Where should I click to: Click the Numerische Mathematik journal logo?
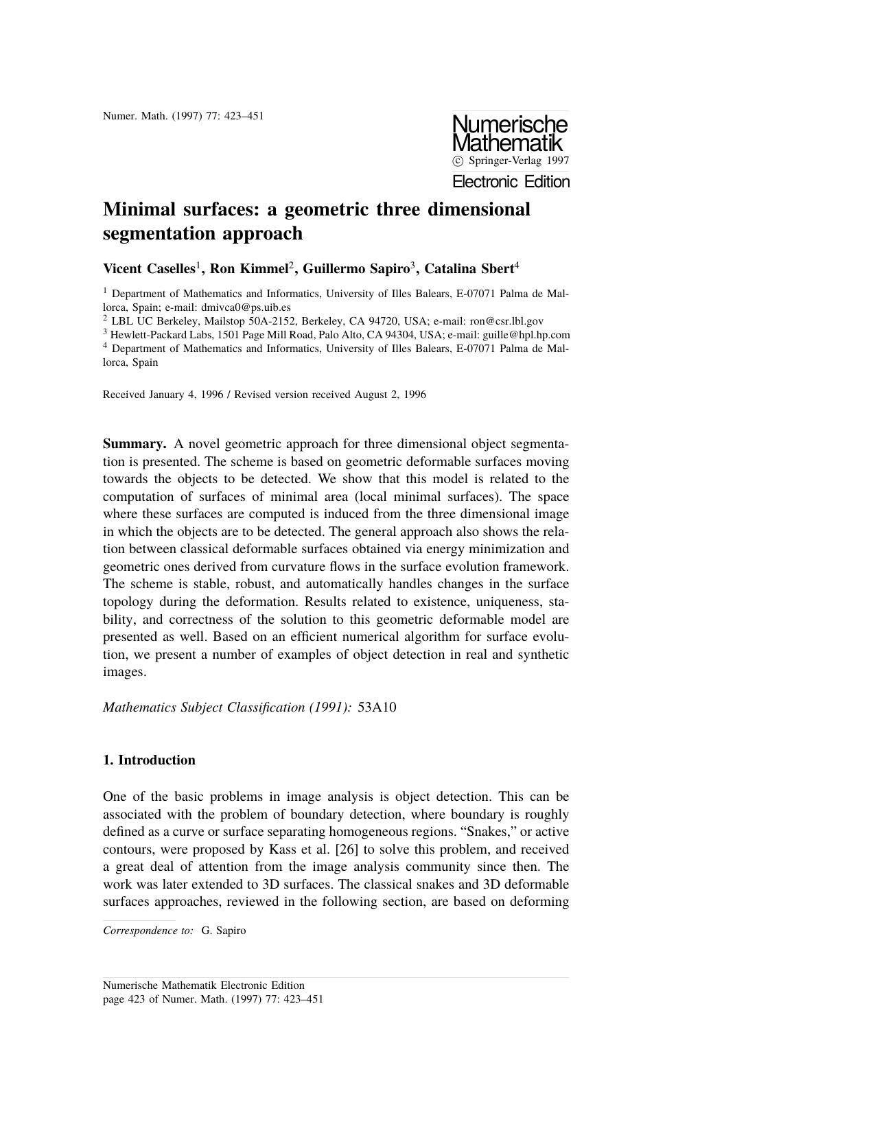tap(510, 134)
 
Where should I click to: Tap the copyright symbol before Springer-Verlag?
tap(458, 161)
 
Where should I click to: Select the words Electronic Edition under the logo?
tap(511, 182)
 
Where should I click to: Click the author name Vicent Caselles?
tap(149, 269)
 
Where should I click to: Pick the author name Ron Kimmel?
tap(248, 269)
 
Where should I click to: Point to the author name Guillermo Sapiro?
tap(355, 269)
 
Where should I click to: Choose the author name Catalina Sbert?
tap(469, 269)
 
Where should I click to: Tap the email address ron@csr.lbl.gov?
tap(506, 321)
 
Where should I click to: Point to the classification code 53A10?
tap(377, 707)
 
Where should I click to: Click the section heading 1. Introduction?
tap(149, 760)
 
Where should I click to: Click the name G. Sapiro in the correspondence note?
tap(223, 931)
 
